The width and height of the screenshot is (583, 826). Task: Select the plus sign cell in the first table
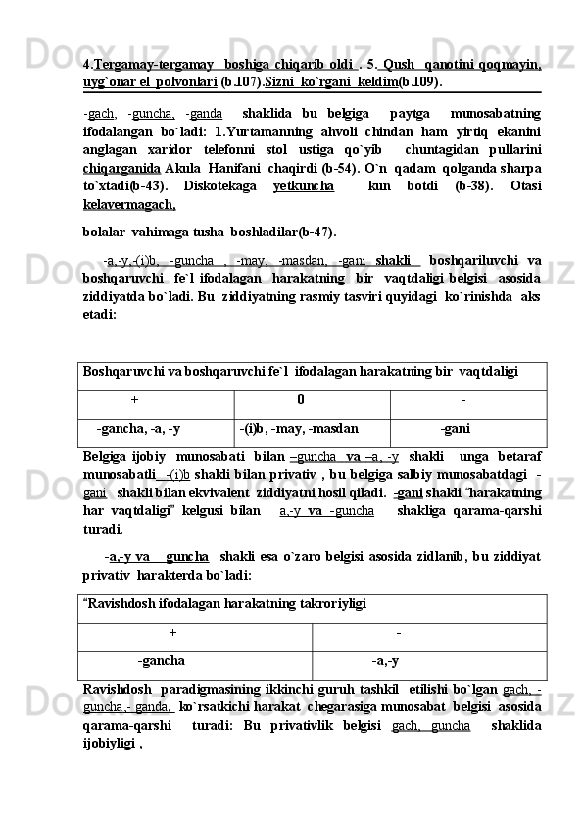[134, 399]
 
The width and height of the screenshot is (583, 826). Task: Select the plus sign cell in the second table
[173, 633]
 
